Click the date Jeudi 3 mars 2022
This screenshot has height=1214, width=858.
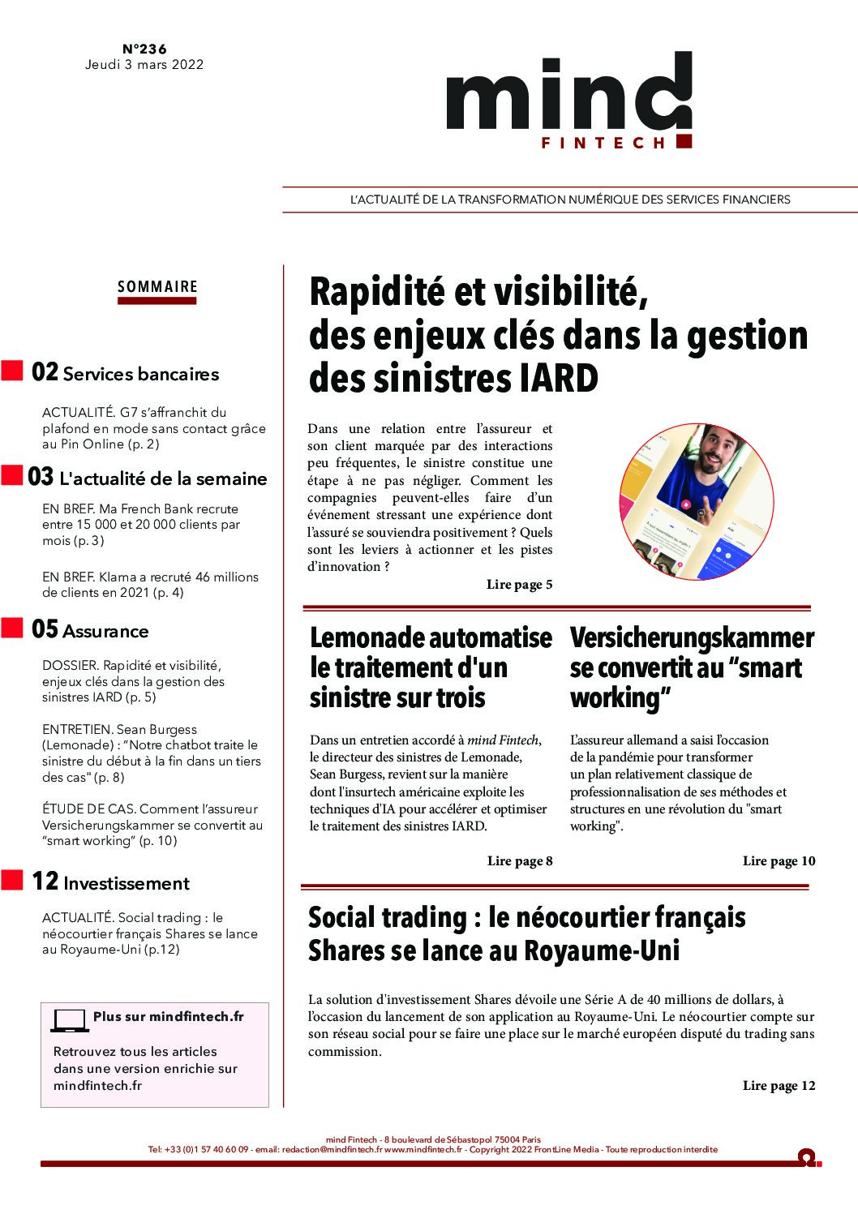pos(144,65)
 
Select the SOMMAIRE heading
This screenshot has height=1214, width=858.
pos(157,286)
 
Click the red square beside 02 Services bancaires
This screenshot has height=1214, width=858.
pos(11,371)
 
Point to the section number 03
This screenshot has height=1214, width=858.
pos(41,477)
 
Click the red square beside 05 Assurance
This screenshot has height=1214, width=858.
pos(11,628)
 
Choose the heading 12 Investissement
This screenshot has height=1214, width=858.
pos(110,882)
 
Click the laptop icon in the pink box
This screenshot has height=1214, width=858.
pos(70,1020)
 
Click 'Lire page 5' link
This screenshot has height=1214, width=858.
pos(519,585)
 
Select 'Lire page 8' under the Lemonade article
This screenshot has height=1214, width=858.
pos(519,861)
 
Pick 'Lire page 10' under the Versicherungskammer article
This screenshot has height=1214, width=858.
pos(779,861)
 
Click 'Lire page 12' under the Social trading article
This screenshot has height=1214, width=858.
pos(779,1086)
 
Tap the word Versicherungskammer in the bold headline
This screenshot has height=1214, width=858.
pos(692,638)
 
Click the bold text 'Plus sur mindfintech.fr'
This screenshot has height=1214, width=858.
pos(168,1017)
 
